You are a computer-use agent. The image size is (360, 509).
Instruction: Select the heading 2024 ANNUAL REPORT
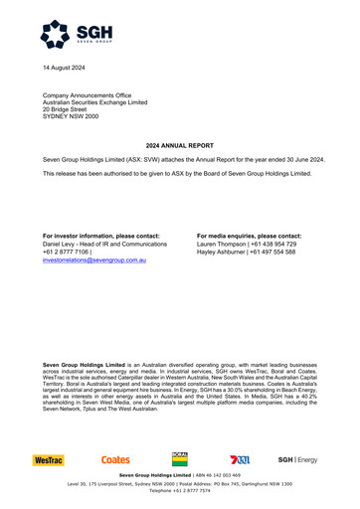179,145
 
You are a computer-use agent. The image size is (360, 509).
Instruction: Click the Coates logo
115,460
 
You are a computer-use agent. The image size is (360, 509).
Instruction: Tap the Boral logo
180,458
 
